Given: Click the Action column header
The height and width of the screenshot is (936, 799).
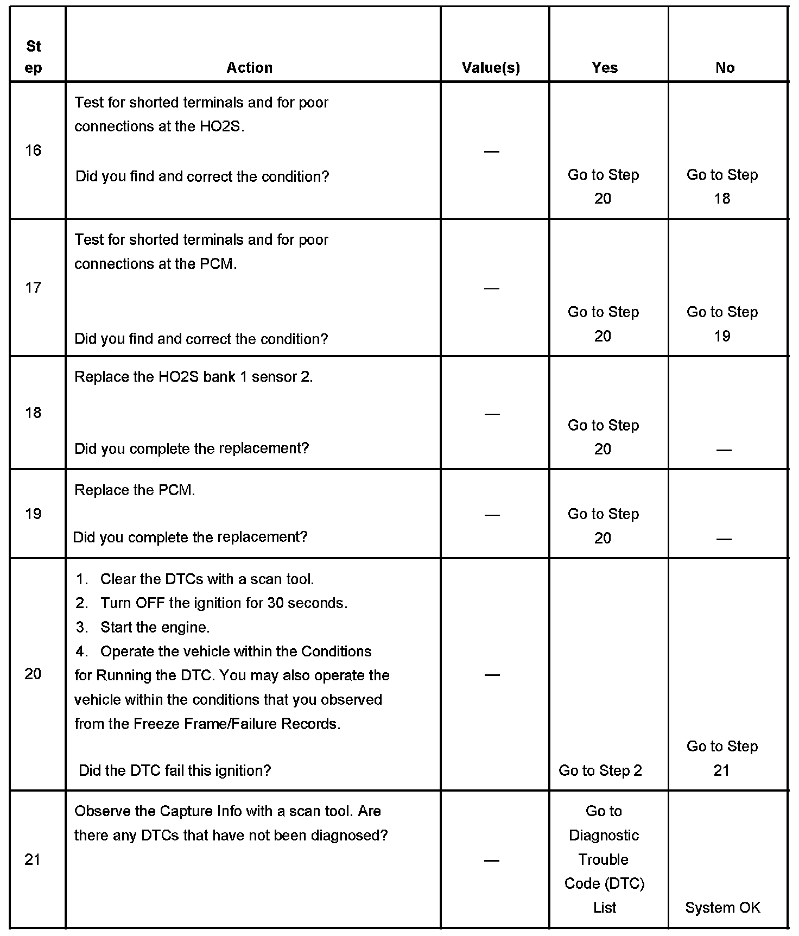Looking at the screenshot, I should tap(249, 68).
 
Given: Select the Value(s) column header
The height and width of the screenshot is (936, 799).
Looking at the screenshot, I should tap(491, 68).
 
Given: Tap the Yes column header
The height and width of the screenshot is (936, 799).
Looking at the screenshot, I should tap(605, 68).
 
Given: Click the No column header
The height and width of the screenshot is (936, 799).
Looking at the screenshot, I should tap(725, 68).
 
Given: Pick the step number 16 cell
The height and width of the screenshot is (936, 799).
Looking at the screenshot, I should tap(33, 150).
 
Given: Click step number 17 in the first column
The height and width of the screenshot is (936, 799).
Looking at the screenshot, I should tap(33, 287).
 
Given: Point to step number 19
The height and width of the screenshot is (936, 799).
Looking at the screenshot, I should tap(33, 514).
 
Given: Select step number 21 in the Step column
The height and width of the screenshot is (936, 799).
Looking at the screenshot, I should tap(33, 860).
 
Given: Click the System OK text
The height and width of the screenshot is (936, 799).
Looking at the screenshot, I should tap(722, 908).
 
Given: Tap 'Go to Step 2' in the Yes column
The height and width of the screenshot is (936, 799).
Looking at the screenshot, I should tap(600, 770).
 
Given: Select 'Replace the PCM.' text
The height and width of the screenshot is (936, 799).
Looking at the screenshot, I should tap(135, 490).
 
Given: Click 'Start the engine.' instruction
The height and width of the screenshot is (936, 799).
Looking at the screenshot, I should tap(155, 628).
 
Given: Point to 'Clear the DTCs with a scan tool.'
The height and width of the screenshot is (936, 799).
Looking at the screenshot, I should tap(207, 579).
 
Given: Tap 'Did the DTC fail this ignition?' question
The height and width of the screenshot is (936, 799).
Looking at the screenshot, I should tap(175, 770).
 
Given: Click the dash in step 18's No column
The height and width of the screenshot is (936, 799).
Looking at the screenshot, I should tap(724, 450).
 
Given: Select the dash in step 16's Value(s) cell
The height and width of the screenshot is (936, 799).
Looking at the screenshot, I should tap(491, 151).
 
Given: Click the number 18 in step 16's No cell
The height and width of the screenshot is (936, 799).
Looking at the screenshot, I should tap(722, 199).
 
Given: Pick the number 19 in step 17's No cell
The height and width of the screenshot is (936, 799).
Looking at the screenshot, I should tap(722, 336).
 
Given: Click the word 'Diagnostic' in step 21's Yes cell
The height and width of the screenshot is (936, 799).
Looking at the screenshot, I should tap(604, 836).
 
